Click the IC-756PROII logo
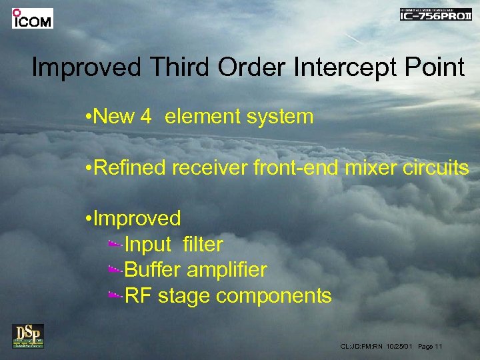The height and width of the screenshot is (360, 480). tap(435, 15)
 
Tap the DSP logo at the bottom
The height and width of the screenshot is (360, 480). tap(28, 335)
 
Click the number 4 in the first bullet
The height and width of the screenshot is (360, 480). tap(146, 117)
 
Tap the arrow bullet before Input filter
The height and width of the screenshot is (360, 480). tap(115, 245)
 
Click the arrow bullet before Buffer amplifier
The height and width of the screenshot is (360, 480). tap(115, 271)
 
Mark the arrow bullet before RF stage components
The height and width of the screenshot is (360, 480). tap(115, 296)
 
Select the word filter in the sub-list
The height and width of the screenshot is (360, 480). tap(203, 245)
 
